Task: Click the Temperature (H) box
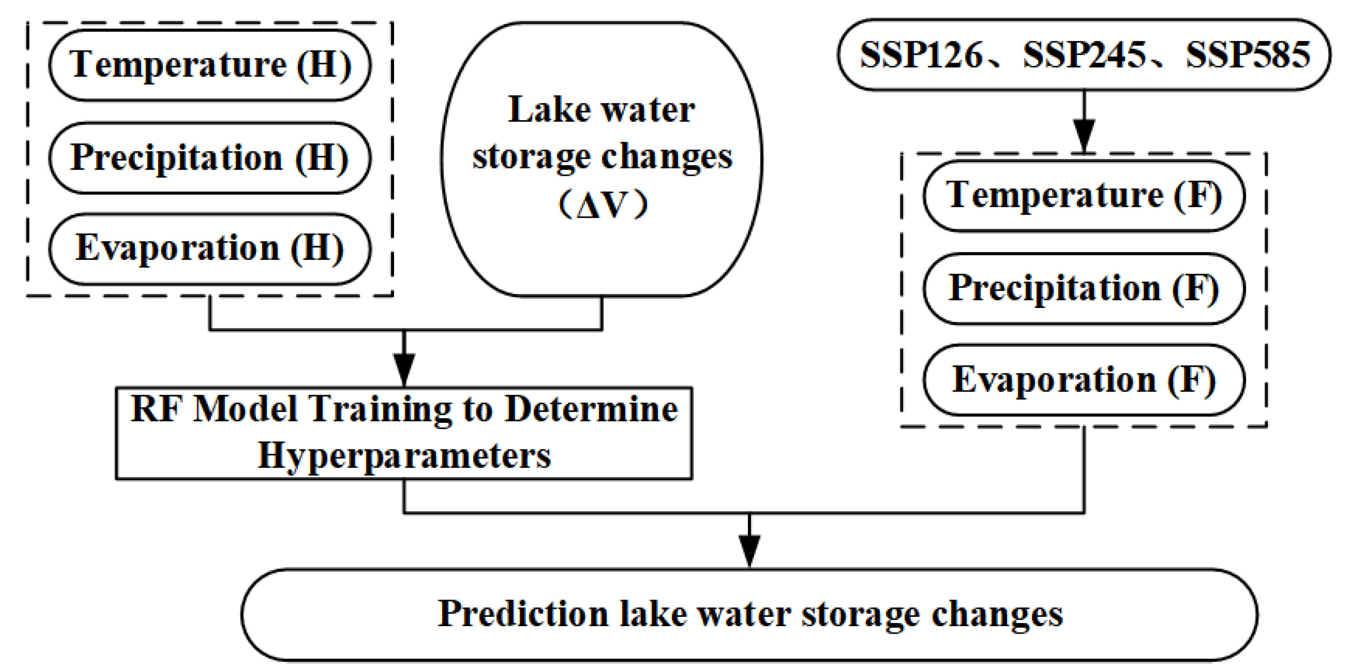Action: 210,65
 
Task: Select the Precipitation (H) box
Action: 210,158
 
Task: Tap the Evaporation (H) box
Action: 210,249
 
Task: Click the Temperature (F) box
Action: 1084,196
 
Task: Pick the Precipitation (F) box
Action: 1084,289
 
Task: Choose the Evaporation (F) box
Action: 1084,380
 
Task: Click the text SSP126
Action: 921,55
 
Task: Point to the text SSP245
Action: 1084,55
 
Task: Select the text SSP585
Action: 1247,55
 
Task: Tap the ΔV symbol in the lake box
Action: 603,204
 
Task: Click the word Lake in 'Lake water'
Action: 548,110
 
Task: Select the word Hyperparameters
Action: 404,455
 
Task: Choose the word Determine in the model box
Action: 591,409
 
